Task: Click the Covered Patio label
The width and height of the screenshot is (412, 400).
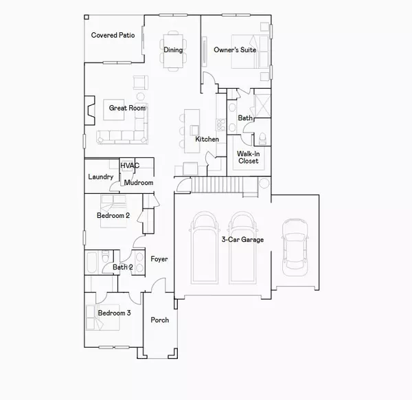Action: [113, 35]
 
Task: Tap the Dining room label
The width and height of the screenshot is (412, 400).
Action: [173, 49]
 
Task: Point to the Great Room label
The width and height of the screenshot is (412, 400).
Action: [127, 108]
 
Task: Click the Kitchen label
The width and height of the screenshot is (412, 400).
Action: [207, 140]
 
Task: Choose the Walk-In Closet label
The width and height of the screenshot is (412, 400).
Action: [248, 157]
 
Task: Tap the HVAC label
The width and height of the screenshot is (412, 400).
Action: [129, 166]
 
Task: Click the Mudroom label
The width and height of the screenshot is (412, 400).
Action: [139, 183]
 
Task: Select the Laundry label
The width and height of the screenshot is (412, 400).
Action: [101, 177]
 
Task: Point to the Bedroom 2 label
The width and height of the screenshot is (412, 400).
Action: [113, 216]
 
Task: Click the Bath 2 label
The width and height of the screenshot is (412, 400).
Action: [122, 267]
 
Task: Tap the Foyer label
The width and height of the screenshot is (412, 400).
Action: [159, 259]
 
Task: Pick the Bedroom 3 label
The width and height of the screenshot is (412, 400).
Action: [113, 313]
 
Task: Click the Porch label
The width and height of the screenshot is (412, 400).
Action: [160, 320]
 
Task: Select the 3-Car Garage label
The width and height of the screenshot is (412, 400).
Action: [242, 239]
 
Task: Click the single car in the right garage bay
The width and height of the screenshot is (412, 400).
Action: [295, 245]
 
